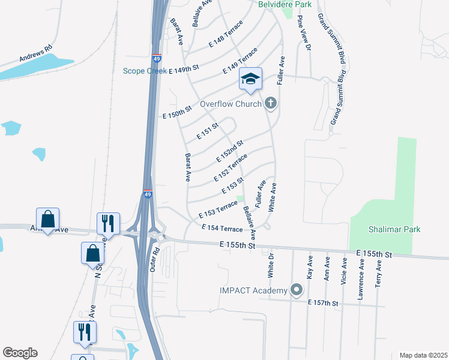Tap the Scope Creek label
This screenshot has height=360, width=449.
(145, 71)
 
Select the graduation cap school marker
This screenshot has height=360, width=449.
(251, 79)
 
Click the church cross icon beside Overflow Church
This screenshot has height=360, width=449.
(271, 104)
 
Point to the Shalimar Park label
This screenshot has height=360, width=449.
(394, 229)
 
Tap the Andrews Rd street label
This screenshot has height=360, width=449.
(36, 56)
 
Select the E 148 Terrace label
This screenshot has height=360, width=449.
(226, 36)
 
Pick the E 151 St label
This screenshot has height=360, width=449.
(207, 132)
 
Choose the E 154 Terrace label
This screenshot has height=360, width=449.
(222, 229)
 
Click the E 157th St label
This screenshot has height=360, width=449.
(323, 304)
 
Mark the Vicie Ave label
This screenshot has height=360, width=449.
(345, 272)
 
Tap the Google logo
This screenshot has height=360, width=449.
(20, 353)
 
